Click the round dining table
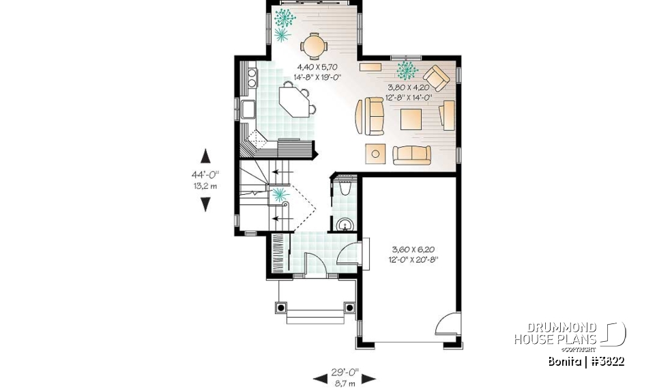click(314, 46)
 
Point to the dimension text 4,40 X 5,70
click(318, 68)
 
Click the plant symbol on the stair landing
click(280, 196)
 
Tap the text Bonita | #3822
click(586, 360)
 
